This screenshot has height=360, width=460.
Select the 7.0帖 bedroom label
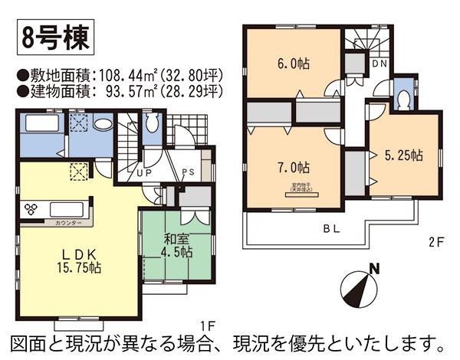(293, 167)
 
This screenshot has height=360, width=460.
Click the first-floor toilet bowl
(152, 123)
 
